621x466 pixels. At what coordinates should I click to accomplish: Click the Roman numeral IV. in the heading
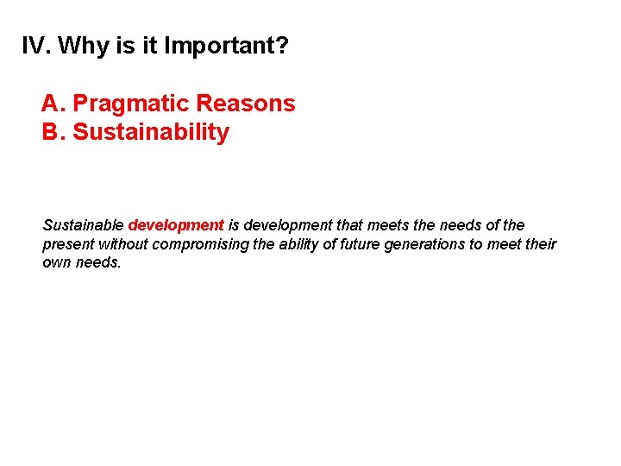35,46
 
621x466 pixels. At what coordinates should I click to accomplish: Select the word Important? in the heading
226,46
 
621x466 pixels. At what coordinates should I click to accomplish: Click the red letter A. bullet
53,104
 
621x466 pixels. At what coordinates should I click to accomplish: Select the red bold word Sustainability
151,132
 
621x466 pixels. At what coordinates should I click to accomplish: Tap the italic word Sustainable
83,225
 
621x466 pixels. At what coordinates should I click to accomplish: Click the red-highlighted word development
176,225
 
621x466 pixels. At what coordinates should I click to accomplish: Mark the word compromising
200,244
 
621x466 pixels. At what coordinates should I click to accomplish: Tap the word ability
298,244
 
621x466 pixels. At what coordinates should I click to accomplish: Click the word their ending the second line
541,244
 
